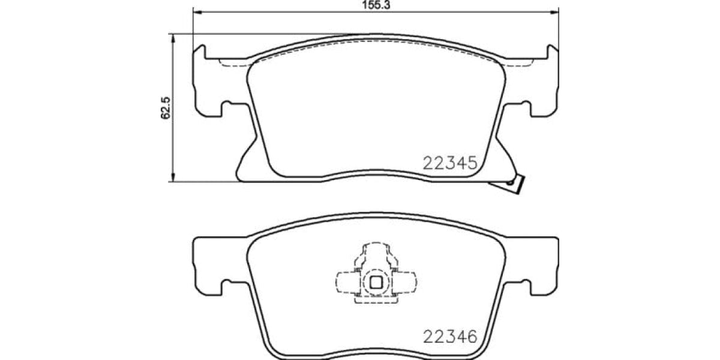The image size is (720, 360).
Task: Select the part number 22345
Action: (450, 162)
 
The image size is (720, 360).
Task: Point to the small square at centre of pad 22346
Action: (376, 283)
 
